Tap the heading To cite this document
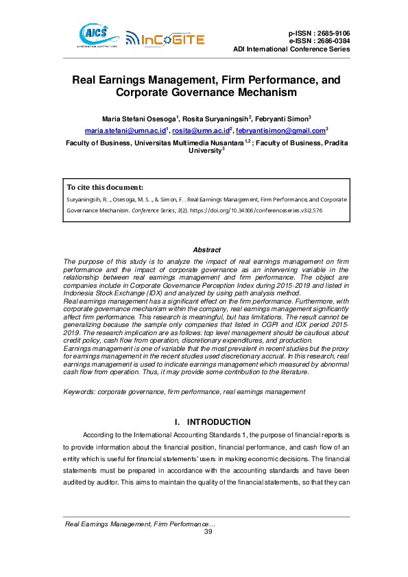point(105,187)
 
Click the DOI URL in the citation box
point(261,210)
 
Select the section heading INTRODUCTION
point(219,422)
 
